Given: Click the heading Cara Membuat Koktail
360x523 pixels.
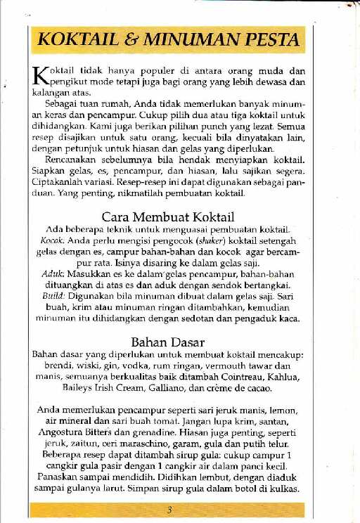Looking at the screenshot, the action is pos(168,216).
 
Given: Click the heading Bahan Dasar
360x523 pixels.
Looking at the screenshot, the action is pos(168,342).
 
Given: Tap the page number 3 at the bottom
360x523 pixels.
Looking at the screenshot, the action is pos(169,510).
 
